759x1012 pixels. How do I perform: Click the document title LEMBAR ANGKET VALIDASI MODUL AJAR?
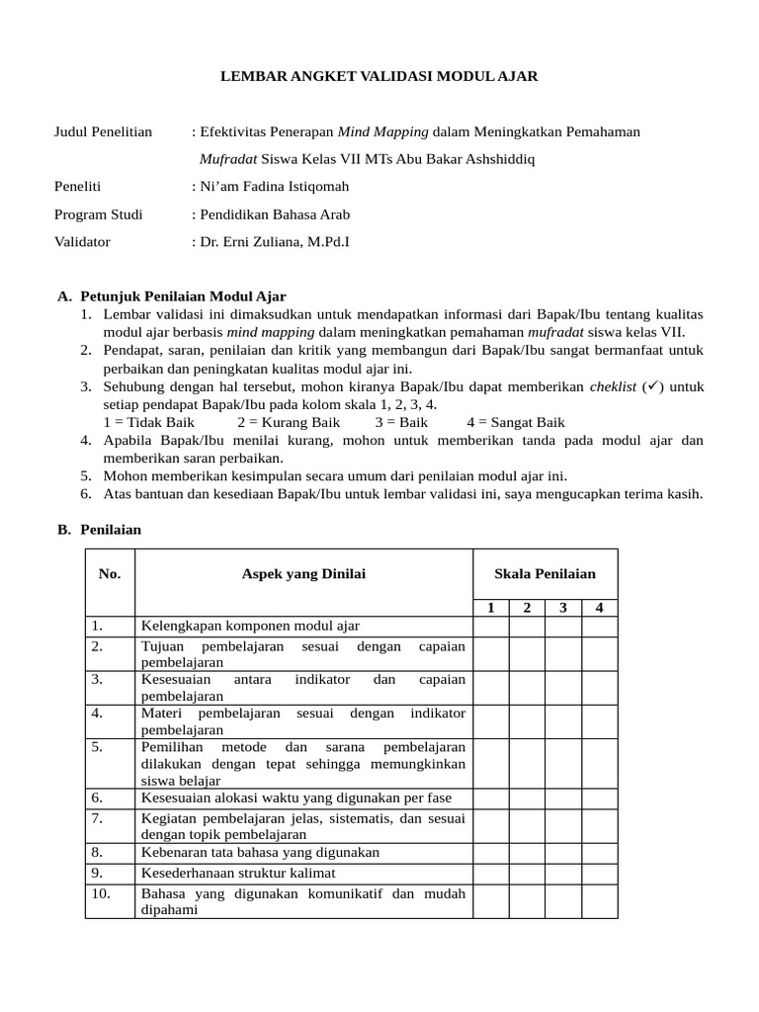[379, 76]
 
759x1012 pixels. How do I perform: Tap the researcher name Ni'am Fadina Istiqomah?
[273, 186]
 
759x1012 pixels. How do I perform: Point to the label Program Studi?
[98, 213]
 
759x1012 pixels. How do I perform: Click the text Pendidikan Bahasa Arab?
[275, 213]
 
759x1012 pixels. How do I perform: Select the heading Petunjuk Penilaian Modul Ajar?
[183, 295]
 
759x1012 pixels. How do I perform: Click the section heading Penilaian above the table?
[111, 530]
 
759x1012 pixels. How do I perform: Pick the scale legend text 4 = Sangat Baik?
[517, 422]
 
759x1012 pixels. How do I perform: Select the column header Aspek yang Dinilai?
[302, 574]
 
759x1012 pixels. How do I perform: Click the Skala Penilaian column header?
[545, 574]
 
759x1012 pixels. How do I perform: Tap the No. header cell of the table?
[110, 574]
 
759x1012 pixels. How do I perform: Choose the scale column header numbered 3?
[562, 608]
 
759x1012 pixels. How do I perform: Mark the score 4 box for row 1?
[599, 627]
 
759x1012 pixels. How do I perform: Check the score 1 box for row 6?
[490, 798]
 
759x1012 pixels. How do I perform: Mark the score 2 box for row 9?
[527, 874]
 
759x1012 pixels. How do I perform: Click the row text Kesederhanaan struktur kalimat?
[238, 874]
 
